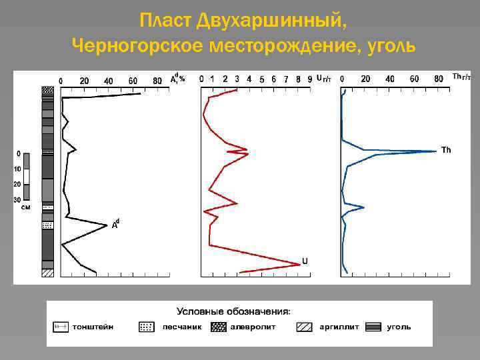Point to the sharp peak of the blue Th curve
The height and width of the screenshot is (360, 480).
point(436,151)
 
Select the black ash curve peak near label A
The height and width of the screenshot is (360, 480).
point(107,226)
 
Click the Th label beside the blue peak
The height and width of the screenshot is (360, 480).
point(446,150)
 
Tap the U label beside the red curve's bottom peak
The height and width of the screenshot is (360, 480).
point(305,261)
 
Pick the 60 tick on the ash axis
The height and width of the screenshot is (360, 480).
point(133,81)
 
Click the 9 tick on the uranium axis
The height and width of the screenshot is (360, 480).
point(309,79)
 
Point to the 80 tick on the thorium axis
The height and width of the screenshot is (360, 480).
point(439,79)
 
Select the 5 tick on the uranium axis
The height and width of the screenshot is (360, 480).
point(262,79)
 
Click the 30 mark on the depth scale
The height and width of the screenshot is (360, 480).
point(18,199)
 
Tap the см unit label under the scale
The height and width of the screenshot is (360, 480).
point(25,207)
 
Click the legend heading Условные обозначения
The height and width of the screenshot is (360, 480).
point(233,311)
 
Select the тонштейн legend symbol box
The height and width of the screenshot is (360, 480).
point(61,327)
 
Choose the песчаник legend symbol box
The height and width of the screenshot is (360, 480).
point(147,327)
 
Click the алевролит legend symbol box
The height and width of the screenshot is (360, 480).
point(219,327)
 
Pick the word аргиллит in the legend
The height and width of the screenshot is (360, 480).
point(339,327)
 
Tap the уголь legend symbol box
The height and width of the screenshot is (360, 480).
point(374,327)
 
